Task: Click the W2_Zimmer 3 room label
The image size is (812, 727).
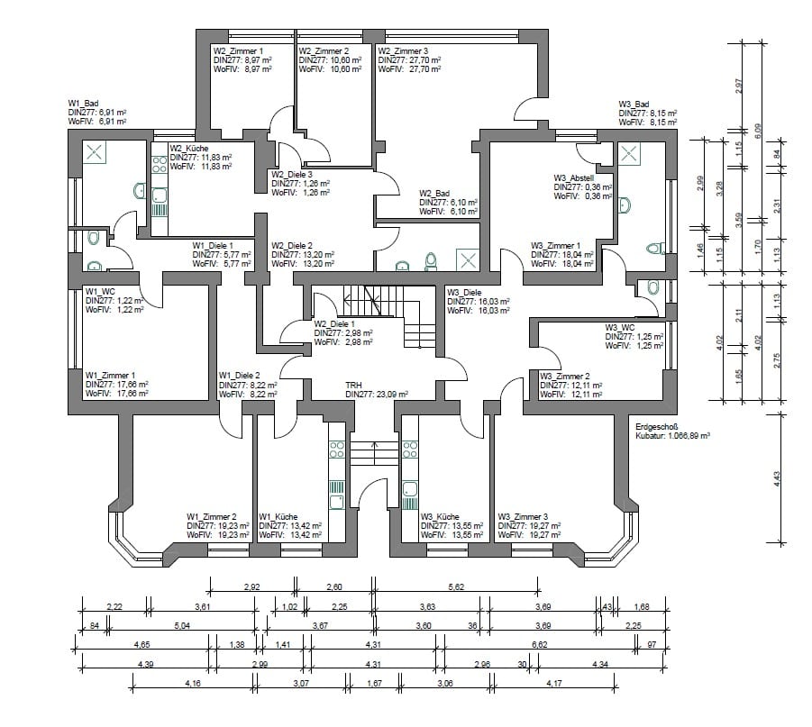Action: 403,50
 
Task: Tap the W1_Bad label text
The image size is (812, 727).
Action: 84,104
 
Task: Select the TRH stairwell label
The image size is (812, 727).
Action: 353,386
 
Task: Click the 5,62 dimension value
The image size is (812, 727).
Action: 456,587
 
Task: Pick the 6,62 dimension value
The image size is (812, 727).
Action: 539,645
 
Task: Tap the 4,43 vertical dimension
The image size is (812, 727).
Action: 776,478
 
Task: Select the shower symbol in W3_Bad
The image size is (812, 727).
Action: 629,153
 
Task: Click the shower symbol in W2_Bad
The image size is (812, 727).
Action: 467,260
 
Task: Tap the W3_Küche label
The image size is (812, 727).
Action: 440,517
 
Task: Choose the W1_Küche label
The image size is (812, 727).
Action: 278,517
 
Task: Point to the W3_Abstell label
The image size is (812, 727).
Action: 574,178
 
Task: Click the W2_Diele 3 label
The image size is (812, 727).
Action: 292,175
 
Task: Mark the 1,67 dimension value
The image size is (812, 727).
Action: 374,683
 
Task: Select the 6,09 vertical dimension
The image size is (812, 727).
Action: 758,130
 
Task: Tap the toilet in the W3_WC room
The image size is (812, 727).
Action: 653,287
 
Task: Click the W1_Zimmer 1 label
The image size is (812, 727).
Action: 110,376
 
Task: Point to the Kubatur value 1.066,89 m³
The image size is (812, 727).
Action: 689,435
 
